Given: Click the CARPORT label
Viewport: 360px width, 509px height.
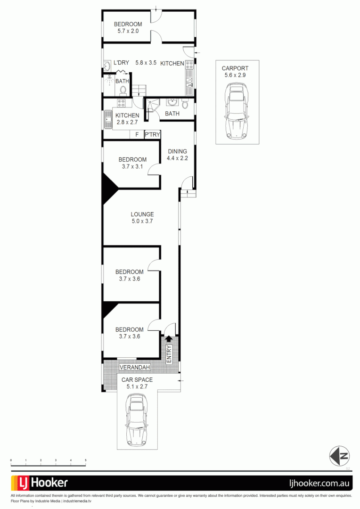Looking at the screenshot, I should pos(235,68).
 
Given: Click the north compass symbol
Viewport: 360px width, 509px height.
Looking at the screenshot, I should pos(340,455).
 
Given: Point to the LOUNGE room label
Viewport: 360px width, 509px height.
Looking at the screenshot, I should pos(142,214).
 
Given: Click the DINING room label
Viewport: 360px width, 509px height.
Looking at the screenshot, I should pos(177,151).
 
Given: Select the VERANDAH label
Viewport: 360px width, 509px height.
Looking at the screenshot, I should pos(135,368).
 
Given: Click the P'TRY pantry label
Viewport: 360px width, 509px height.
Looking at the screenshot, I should pos(152,135).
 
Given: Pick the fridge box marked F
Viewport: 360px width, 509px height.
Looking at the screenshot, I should pos(137,135).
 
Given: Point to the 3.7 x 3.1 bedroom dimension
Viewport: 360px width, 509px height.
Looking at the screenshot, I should pos(132,166).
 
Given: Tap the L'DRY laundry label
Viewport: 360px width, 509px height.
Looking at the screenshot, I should pos(121,63).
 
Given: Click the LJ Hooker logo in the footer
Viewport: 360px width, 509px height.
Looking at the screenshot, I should pos(40,483).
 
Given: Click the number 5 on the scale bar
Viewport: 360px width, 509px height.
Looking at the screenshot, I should pos(86,460).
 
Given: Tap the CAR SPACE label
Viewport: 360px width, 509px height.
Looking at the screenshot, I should pos(137,380).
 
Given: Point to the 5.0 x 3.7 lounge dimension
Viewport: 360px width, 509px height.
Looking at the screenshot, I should pos(142,222).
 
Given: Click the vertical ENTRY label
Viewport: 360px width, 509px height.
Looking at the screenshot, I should pos(169,353).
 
